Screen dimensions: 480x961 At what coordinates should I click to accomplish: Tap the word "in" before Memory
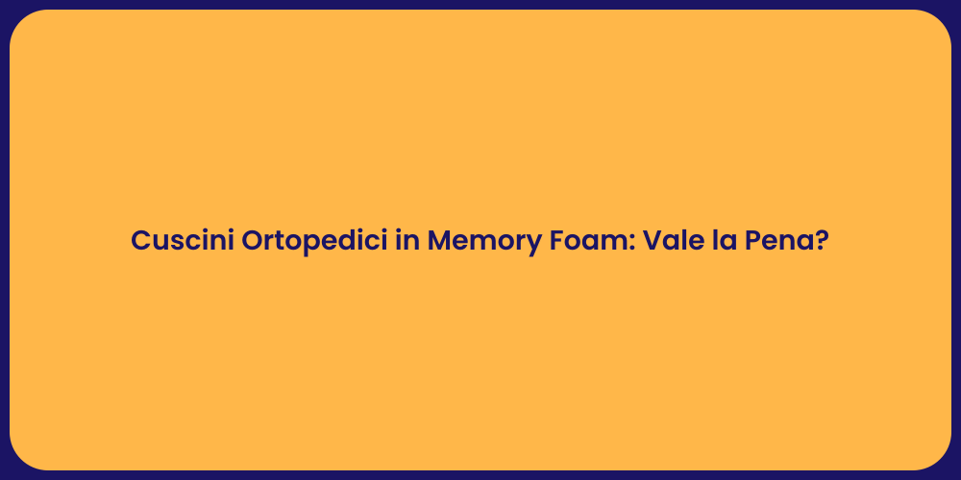tap(407, 241)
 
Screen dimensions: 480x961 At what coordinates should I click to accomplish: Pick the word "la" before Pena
tap(716, 241)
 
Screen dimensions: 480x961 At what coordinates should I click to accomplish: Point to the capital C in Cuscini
tap(141, 241)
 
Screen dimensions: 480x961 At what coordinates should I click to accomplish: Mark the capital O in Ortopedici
tap(253, 241)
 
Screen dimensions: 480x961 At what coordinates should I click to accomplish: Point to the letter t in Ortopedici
tap(281, 241)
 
